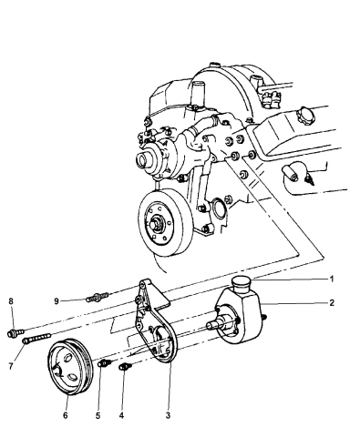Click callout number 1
tap(332, 279)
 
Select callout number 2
tap(332, 302)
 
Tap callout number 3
tap(168, 415)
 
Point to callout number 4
tap(121, 415)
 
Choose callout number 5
tap(98, 415)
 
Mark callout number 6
tap(65, 415)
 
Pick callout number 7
tap(11, 367)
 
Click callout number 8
tap(11, 301)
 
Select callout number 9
tap(57, 301)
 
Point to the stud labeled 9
tap(98, 296)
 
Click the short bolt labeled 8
tap(15, 332)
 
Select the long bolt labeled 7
tap(37, 338)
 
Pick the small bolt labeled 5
tap(105, 362)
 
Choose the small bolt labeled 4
tap(125, 367)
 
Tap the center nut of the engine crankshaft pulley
tap(158, 221)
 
